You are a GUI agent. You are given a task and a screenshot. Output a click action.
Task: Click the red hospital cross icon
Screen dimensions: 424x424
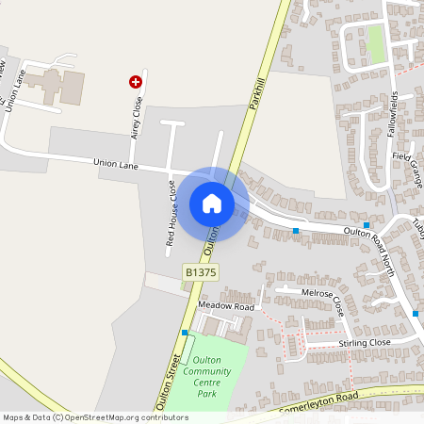click(135, 82)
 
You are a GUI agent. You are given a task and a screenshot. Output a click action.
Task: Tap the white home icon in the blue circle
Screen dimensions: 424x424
click(211, 203)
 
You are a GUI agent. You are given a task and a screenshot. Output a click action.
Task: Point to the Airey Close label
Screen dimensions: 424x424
click(137, 118)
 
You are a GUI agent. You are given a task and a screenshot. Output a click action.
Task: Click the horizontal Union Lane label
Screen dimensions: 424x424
click(117, 164)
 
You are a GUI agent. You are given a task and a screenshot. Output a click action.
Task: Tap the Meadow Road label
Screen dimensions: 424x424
click(226, 307)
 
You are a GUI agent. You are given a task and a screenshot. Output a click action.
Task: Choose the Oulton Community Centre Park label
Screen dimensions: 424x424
click(212, 376)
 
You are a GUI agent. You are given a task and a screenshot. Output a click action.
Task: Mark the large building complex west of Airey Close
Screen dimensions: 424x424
click(52, 84)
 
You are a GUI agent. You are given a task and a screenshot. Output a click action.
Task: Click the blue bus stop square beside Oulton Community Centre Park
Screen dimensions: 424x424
click(186, 333)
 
